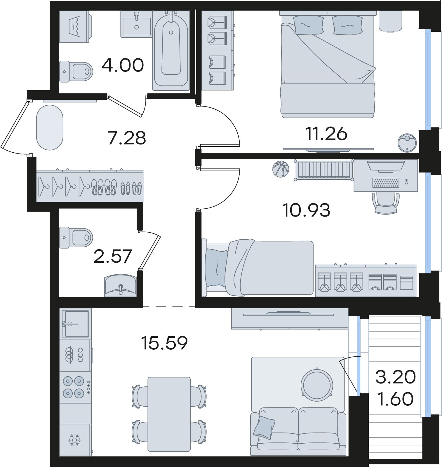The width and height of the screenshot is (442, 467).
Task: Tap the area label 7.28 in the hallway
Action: tap(127, 138)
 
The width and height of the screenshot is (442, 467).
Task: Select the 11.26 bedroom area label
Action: tap(326, 134)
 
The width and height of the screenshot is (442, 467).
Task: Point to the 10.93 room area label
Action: tap(306, 210)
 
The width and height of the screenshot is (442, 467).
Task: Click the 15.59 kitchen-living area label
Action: tap(164, 343)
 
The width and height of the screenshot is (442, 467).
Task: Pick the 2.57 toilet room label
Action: tap(113, 256)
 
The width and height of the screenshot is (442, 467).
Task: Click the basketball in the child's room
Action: tap(281, 169)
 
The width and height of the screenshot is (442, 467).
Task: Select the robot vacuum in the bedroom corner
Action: tap(407, 142)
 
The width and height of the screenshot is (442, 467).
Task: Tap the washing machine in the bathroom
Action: tap(75, 27)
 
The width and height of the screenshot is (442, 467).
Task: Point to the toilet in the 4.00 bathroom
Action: tap(76, 72)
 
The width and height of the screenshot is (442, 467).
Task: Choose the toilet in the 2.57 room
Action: tap(76, 238)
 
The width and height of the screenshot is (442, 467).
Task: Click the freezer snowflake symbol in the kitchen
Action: tap(74, 440)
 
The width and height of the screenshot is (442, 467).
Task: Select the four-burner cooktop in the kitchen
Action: tap(75, 387)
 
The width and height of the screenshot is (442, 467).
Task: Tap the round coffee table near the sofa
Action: tap(317, 385)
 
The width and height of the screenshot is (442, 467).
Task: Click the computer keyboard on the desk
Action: tap(386, 183)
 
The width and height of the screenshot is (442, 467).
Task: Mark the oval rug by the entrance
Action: tap(50, 128)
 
